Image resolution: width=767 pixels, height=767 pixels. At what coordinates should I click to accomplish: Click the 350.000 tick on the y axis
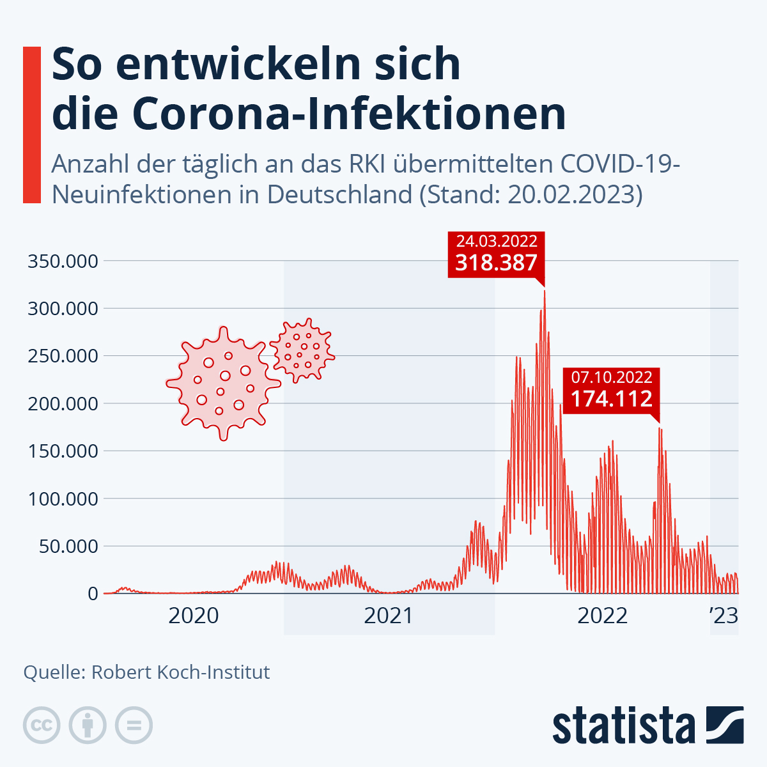[63, 261]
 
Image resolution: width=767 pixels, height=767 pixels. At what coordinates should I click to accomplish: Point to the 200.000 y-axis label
[63, 403]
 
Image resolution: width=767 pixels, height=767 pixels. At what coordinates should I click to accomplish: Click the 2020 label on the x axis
[193, 616]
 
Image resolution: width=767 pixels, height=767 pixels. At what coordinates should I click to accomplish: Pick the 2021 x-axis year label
[389, 616]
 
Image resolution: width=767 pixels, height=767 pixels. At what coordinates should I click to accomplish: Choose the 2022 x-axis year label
[602, 616]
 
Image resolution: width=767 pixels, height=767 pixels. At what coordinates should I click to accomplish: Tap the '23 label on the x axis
[724, 616]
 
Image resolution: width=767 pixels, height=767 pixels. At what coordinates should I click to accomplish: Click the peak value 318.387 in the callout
[496, 263]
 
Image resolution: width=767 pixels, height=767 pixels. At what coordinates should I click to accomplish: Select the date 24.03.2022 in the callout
[496, 242]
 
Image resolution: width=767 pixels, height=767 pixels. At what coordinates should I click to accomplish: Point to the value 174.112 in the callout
[611, 399]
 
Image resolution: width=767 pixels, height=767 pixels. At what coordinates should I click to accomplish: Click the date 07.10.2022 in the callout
[611, 378]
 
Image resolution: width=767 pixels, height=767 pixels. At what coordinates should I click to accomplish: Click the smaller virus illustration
[302, 350]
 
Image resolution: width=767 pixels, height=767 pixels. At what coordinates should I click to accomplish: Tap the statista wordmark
[624, 725]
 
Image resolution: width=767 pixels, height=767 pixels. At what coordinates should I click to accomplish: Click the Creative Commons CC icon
[42, 725]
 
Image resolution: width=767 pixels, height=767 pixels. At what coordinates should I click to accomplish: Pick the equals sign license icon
[134, 725]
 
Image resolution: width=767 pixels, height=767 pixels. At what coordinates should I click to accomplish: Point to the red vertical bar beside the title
[32, 125]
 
